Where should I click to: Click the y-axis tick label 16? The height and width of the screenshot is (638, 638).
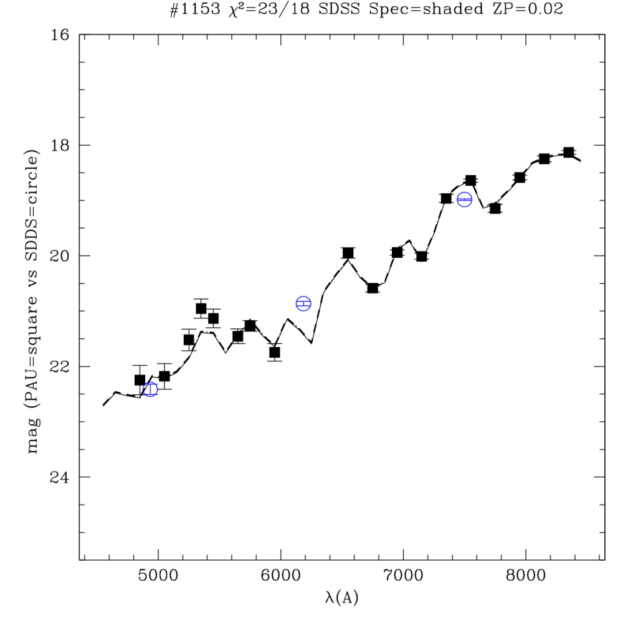[x=61, y=35]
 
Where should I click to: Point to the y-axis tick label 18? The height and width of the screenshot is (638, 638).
[x=61, y=145]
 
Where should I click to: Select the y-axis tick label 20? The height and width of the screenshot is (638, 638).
[x=61, y=256]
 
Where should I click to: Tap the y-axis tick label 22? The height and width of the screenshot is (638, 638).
[x=61, y=366]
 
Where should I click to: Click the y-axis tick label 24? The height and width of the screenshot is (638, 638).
[x=61, y=477]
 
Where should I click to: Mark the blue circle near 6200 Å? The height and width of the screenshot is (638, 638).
[x=303, y=303]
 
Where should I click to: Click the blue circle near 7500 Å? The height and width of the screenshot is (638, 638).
[x=464, y=199]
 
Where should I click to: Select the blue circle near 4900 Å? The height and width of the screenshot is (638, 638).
[x=150, y=389]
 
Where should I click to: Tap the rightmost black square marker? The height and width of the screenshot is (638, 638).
[x=568, y=153]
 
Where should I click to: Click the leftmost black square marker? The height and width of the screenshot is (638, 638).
[x=140, y=380]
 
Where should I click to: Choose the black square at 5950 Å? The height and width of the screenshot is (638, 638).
[x=275, y=353]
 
